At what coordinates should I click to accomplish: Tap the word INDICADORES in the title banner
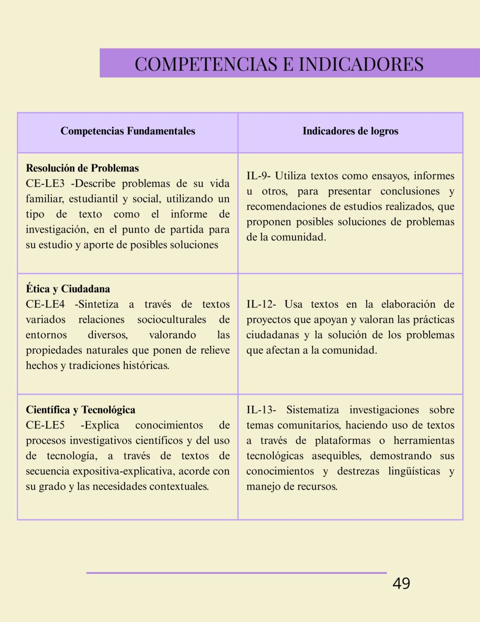361,64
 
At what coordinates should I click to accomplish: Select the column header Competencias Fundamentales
128,131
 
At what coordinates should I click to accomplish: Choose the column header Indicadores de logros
350,131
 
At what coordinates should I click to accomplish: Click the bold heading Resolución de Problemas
82,168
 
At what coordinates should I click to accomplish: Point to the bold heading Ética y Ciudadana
68,289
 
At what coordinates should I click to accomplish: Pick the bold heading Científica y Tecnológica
80,409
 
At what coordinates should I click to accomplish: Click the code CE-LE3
45,184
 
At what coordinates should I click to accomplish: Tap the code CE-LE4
45,304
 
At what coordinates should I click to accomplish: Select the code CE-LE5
45,425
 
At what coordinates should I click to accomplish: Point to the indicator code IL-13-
261,409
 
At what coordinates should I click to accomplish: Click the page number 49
401,584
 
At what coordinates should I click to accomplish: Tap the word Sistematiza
313,409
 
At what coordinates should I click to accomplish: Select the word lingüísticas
414,471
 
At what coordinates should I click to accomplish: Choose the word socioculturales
171,320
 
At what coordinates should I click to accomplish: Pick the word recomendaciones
284,206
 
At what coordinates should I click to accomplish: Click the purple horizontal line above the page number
236,573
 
